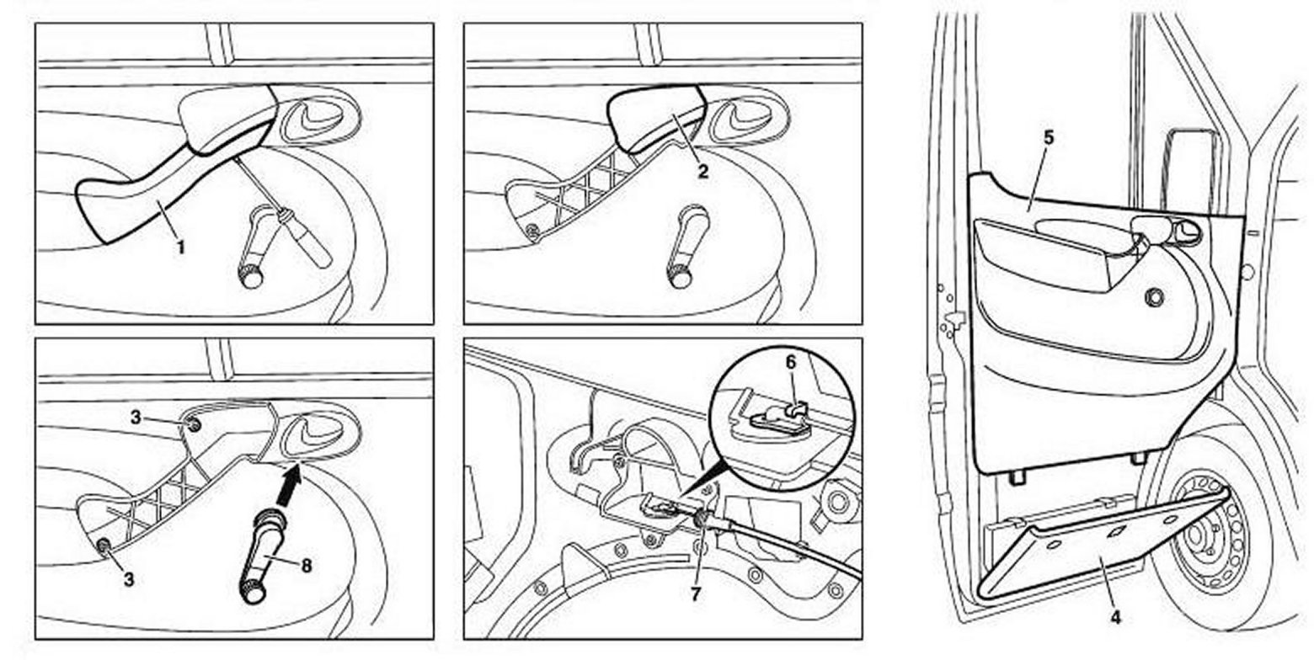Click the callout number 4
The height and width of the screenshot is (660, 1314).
[1114, 617]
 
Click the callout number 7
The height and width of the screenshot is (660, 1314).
[696, 593]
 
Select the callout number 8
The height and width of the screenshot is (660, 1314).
[306, 566]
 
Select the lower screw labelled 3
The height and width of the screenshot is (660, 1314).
[104, 547]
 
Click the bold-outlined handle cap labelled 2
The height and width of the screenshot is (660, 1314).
[657, 118]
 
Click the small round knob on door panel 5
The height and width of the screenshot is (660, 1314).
[1154, 296]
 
